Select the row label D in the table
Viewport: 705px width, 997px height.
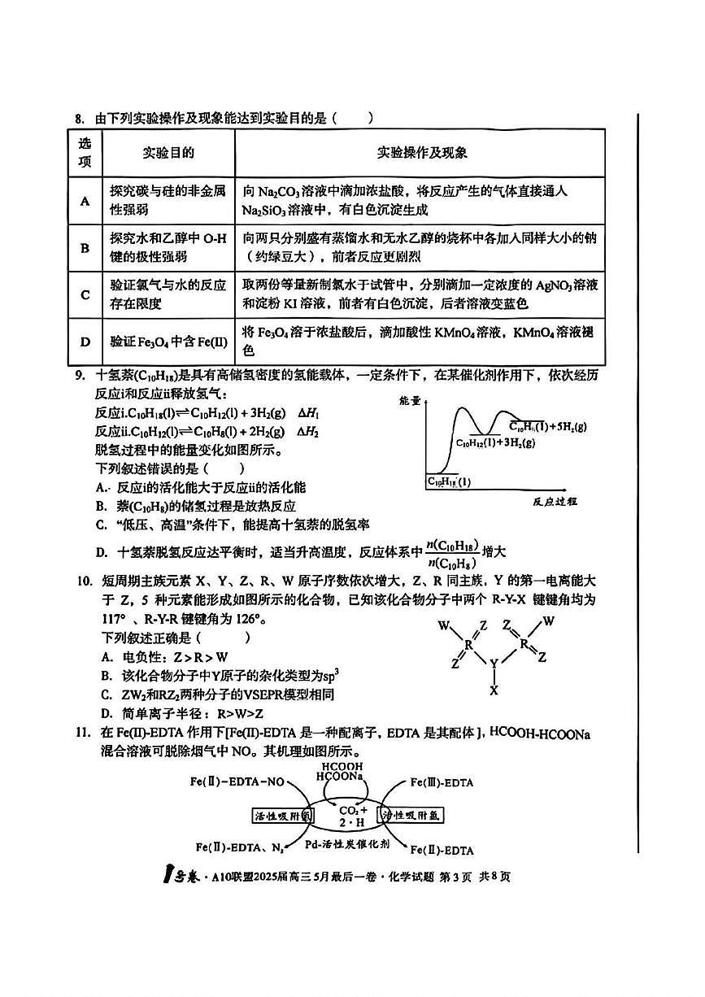click(85, 341)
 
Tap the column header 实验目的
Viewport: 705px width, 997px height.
click(168, 153)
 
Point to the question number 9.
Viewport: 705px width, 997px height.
click(80, 376)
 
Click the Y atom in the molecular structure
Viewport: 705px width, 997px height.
click(493, 663)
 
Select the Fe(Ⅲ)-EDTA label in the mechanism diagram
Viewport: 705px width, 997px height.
click(442, 782)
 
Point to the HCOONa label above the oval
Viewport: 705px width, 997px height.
click(342, 777)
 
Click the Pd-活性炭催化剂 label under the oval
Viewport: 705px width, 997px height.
click(347, 844)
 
